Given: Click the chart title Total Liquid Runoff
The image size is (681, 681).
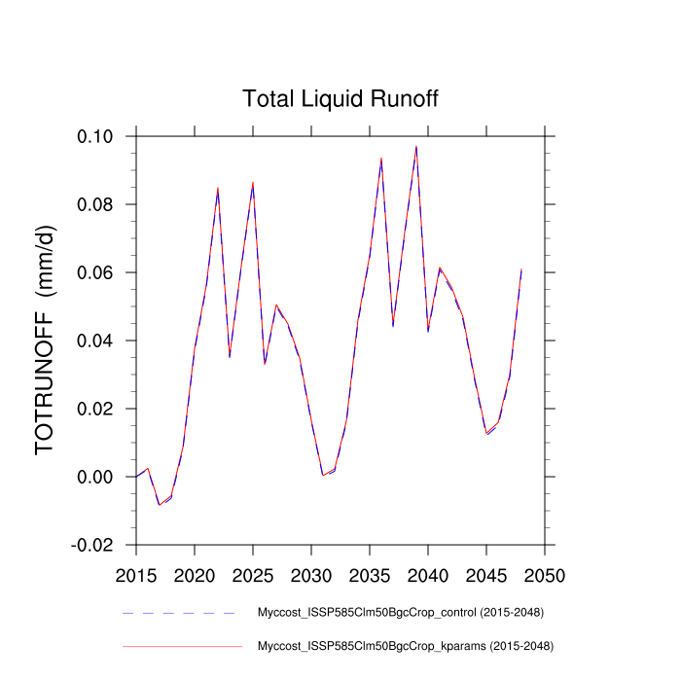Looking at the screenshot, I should click(340, 99).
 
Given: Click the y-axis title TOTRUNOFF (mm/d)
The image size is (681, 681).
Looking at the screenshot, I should click(46, 340).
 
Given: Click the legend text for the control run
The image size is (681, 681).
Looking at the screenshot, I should click(400, 613).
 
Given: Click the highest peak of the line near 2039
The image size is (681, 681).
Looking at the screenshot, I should click(416, 147).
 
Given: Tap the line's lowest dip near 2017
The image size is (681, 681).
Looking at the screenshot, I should click(160, 505).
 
